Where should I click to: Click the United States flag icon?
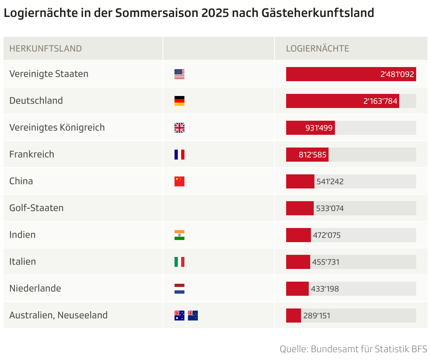(179, 74)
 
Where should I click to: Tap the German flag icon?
(179, 101)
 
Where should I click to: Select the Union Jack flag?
(179, 128)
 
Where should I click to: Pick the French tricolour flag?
(179, 155)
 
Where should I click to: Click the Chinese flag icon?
(179, 181)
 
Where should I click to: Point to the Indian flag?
(179, 235)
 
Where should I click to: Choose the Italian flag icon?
(179, 262)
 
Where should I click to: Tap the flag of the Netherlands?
(179, 289)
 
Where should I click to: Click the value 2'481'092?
(397, 74)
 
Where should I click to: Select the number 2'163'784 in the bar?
(380, 101)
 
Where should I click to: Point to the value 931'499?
(319, 128)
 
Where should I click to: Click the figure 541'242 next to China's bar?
(330, 182)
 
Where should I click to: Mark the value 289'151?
(317, 316)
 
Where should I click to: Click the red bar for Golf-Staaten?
(300, 208)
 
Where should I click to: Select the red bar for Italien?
(298, 262)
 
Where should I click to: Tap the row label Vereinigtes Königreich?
(57, 127)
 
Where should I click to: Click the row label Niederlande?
(35, 288)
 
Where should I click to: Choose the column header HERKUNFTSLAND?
(46, 49)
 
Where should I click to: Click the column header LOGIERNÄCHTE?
(317, 49)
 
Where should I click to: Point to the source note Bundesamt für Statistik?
(353, 349)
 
